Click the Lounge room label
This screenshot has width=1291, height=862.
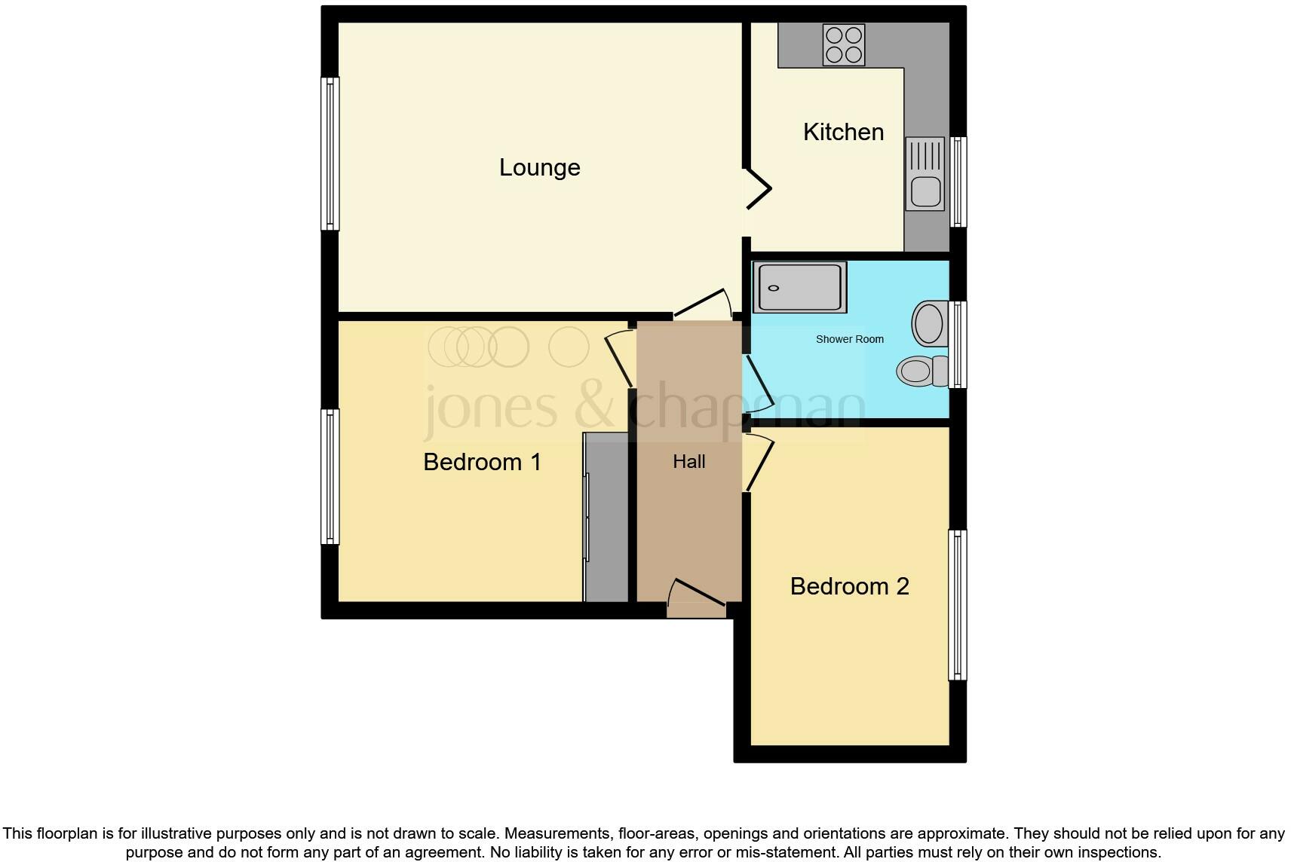(x=539, y=167)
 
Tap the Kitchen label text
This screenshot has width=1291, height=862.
(x=843, y=132)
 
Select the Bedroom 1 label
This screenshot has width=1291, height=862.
(x=482, y=462)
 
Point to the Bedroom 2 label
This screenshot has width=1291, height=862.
(x=849, y=586)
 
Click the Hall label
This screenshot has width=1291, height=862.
(x=688, y=462)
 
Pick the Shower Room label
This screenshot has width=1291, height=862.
(x=849, y=339)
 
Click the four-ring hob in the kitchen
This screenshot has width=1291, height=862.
(x=843, y=44)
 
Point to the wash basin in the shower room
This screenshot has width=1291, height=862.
(x=930, y=324)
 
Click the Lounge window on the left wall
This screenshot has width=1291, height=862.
(x=330, y=154)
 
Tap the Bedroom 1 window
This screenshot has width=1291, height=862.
(x=330, y=476)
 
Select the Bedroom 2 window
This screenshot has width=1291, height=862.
(x=957, y=604)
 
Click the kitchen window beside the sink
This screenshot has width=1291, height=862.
(x=958, y=182)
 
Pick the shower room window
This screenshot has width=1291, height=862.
(x=958, y=345)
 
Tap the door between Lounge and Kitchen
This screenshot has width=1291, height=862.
(x=758, y=188)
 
